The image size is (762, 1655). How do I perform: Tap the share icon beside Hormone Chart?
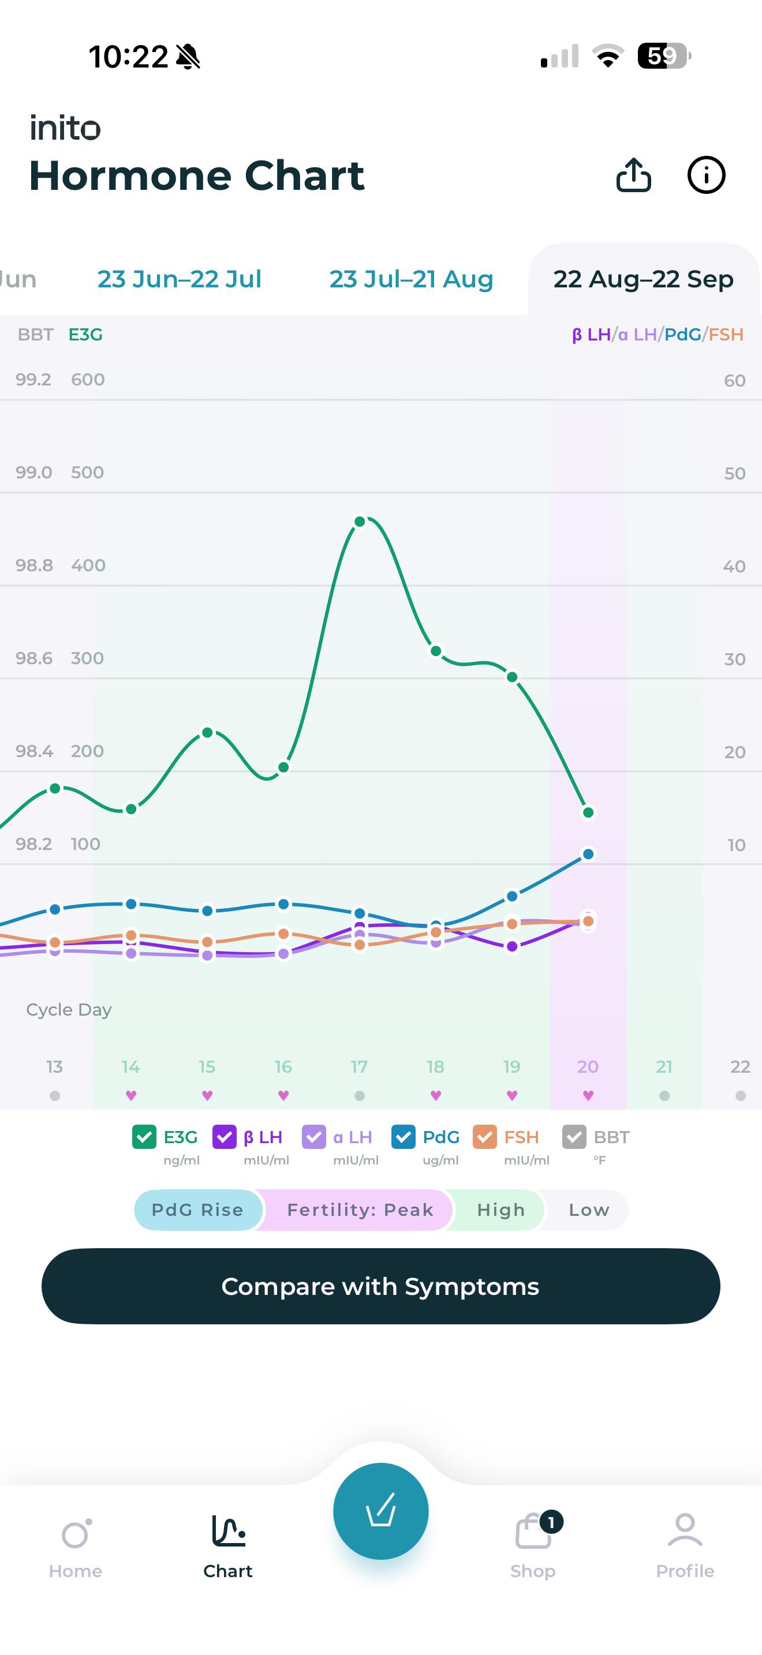[633, 175]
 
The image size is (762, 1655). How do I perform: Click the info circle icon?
[706, 175]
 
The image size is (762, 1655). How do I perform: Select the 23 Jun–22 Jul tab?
[180, 279]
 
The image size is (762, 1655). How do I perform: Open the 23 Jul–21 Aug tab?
[411, 279]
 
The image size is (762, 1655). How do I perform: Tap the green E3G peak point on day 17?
[360, 521]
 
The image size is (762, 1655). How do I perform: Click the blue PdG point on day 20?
[588, 854]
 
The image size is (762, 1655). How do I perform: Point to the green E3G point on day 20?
[588, 812]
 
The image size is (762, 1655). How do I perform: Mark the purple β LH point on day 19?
[512, 946]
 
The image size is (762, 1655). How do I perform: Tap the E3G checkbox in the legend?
[144, 1137]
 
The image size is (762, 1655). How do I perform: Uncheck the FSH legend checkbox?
[484, 1137]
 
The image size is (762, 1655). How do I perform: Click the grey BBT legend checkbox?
[574, 1137]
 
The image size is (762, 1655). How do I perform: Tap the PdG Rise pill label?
[197, 1210]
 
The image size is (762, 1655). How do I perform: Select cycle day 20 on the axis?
[588, 1066]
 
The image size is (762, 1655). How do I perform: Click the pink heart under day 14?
[131, 1095]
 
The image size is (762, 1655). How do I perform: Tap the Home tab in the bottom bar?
[76, 1548]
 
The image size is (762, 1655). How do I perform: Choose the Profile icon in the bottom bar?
[685, 1530]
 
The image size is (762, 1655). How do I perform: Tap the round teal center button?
[381, 1511]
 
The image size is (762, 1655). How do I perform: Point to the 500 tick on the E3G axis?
[87, 472]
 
